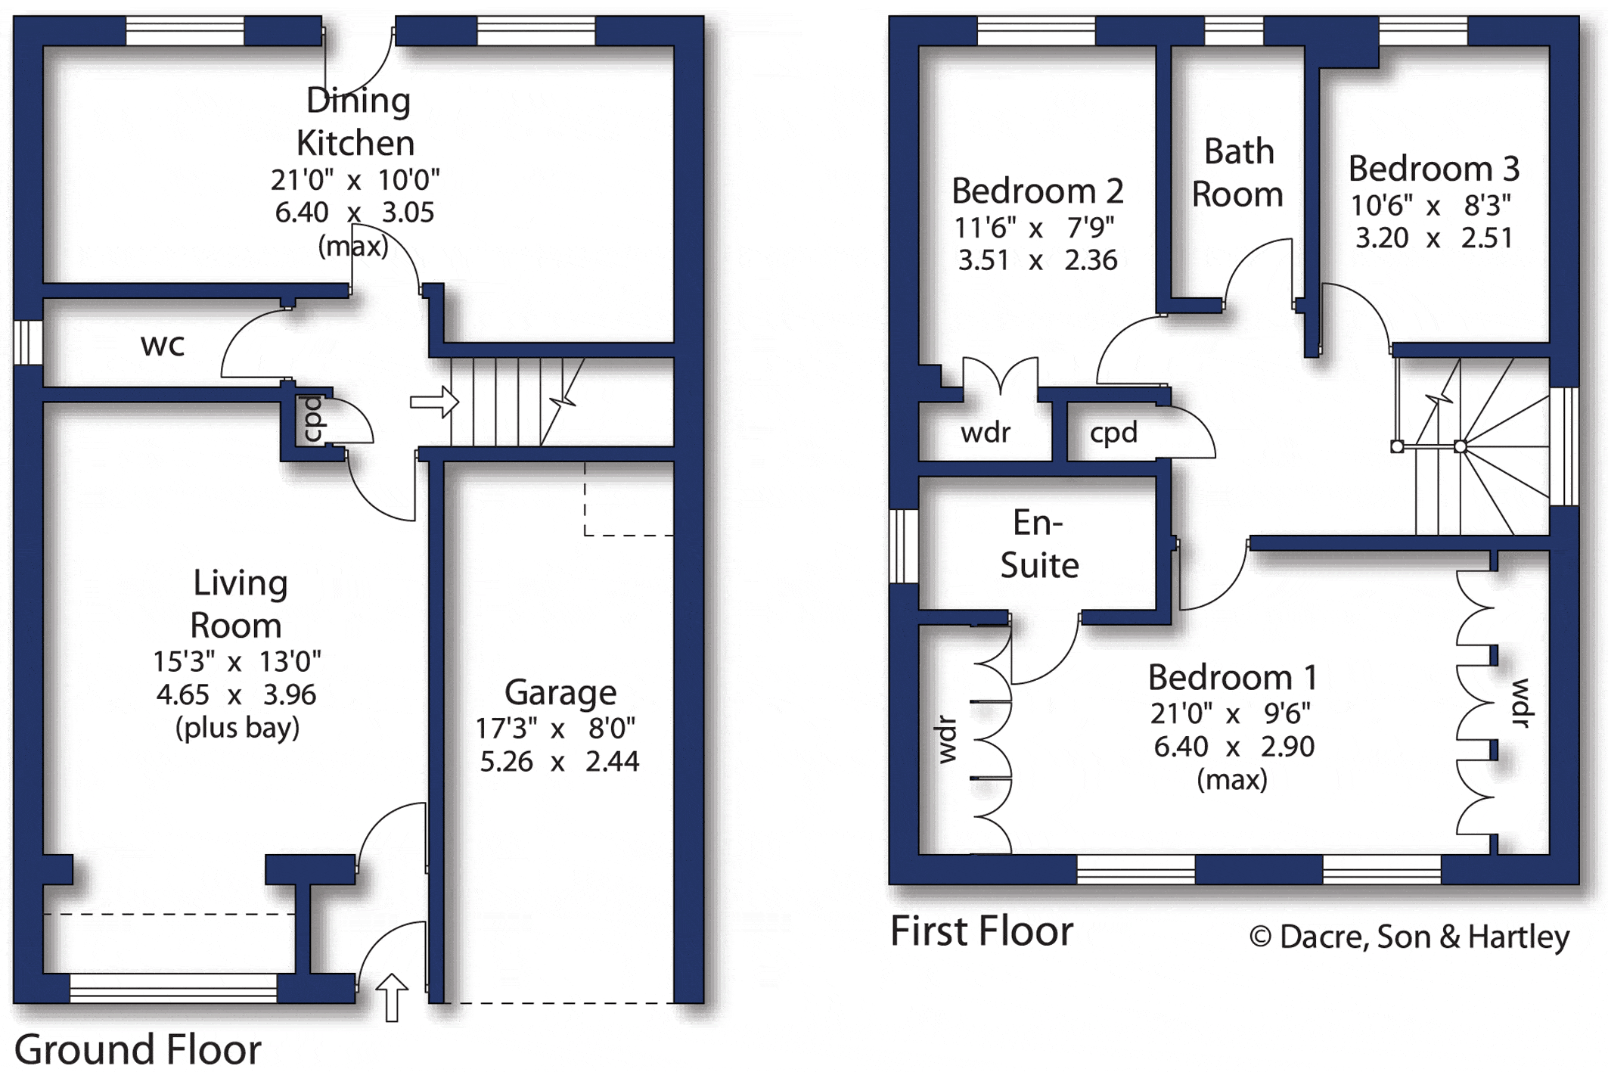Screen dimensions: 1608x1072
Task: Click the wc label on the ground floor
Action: pos(163,346)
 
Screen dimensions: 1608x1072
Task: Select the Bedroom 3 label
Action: pos(1434,169)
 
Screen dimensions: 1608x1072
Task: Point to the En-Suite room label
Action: pos(1039,544)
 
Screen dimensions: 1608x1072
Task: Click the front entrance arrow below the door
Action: pos(392,998)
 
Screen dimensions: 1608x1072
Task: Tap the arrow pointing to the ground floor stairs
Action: pos(434,402)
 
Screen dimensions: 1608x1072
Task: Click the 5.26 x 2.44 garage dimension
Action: pos(560,761)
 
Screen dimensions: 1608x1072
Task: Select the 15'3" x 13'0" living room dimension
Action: pos(237,662)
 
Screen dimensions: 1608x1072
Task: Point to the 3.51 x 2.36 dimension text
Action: pos(1038,261)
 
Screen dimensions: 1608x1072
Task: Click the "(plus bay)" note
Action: pos(237,728)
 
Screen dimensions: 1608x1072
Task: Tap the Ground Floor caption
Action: pos(138,1050)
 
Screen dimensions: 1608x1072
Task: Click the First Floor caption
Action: pos(982,931)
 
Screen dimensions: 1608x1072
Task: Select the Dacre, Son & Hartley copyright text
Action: pos(1410,937)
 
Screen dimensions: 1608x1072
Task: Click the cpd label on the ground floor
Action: pos(312,418)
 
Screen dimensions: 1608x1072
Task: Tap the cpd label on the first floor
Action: pos(1113,433)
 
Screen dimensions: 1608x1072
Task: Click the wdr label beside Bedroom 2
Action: pos(986,433)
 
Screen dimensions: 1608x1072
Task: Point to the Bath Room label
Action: pos(1238,173)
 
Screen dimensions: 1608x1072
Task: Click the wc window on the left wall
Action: pos(28,343)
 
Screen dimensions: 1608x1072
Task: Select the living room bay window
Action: pos(173,988)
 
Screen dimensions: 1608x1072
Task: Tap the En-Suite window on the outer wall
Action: pos(903,546)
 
